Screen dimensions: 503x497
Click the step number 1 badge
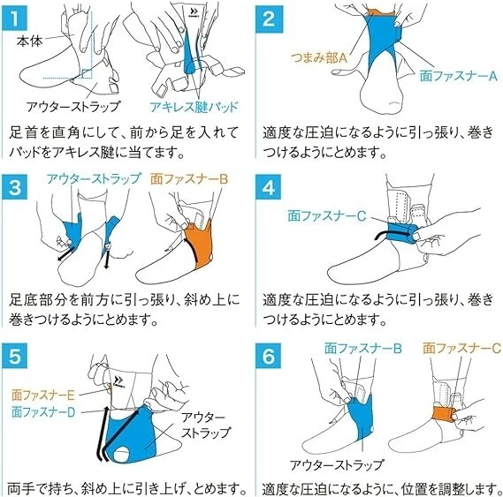click(x=14, y=19)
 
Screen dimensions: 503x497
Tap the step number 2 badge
click(x=269, y=19)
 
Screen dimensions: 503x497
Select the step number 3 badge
click(x=14, y=187)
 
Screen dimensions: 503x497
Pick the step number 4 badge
click(x=269, y=187)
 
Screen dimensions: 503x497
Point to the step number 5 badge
click(x=14, y=356)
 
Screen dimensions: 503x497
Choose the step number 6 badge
click(x=269, y=356)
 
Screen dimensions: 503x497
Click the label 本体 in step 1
click(x=29, y=41)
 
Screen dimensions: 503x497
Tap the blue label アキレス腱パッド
click(x=194, y=107)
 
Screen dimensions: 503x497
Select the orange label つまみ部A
click(x=319, y=58)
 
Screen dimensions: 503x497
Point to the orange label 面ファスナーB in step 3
click(x=189, y=179)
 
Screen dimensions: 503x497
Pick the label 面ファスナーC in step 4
click(x=326, y=215)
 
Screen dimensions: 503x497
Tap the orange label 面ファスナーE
click(x=43, y=395)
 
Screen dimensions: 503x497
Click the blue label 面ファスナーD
click(x=43, y=411)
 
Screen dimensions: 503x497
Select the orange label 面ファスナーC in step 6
click(x=461, y=348)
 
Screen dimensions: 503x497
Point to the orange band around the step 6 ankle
click(x=444, y=413)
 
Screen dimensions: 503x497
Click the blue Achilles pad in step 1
click(x=190, y=55)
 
